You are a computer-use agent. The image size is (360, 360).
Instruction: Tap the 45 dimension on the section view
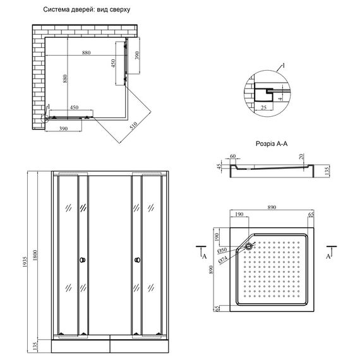[x=219, y=167]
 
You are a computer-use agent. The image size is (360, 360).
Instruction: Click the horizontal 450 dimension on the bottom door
[x=74, y=107]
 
